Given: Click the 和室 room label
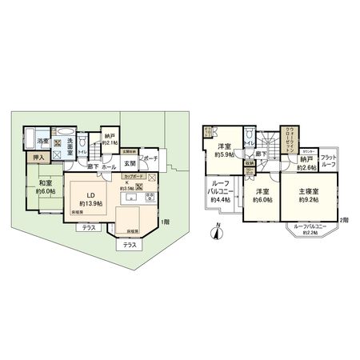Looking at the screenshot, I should (x=44, y=183).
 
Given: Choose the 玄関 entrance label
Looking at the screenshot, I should (x=129, y=163).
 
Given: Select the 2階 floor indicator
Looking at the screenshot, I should (x=344, y=219).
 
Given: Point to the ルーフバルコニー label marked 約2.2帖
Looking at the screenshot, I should (x=310, y=230).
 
